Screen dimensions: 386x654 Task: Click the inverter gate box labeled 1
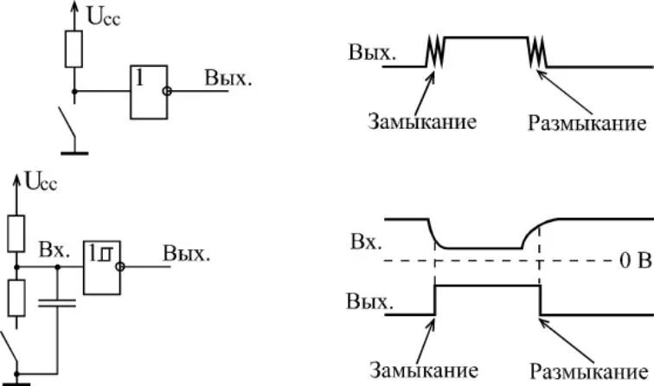click(146, 91)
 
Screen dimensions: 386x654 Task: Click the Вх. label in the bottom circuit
click(54, 249)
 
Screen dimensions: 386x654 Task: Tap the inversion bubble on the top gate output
click(167, 91)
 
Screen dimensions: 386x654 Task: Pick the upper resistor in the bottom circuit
click(15, 231)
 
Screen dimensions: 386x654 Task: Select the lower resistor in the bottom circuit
click(15, 297)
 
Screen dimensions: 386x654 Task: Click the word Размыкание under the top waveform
click(587, 122)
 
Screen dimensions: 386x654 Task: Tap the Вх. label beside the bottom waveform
click(364, 241)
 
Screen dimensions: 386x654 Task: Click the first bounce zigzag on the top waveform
click(433, 53)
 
